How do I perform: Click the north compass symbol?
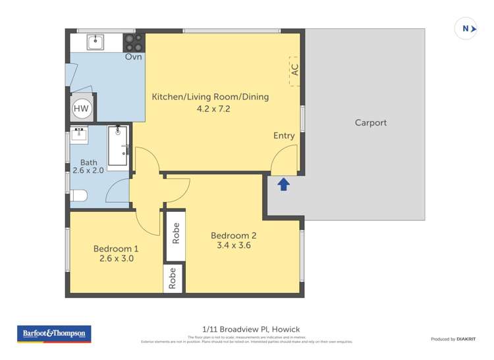click(x=466, y=28)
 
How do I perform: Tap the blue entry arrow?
click(x=283, y=184)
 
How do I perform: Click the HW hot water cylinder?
click(x=81, y=109)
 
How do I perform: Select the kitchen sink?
click(x=96, y=42)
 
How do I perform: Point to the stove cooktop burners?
click(x=134, y=42)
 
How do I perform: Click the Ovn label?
click(x=133, y=57)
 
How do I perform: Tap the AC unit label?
click(x=294, y=69)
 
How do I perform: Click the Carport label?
click(x=370, y=122)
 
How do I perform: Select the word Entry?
click(x=284, y=136)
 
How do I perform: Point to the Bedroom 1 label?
click(x=116, y=248)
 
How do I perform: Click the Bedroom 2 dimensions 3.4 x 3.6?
click(x=234, y=245)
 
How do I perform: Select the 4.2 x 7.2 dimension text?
click(x=210, y=109)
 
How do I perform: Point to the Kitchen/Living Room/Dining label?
click(x=210, y=97)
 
